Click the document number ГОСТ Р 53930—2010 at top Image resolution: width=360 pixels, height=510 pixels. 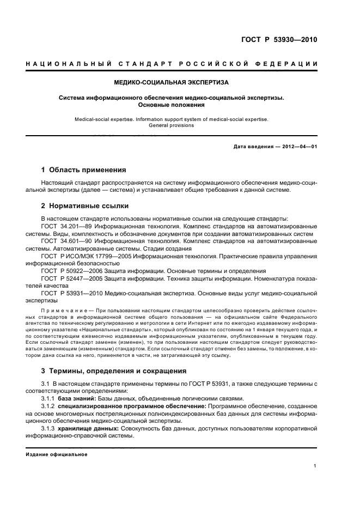pos(278,40)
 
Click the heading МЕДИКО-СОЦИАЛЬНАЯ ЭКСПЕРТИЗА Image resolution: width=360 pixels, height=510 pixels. pos(172,82)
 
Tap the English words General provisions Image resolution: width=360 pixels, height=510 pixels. pos(172,125)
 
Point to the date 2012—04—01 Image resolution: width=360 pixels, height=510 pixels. pos(298,147)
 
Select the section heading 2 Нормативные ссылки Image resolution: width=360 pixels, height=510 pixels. pos(85,206)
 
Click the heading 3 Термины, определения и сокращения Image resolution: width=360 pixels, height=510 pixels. pos(114,371)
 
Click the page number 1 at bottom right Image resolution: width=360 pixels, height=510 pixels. pos(315,466)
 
